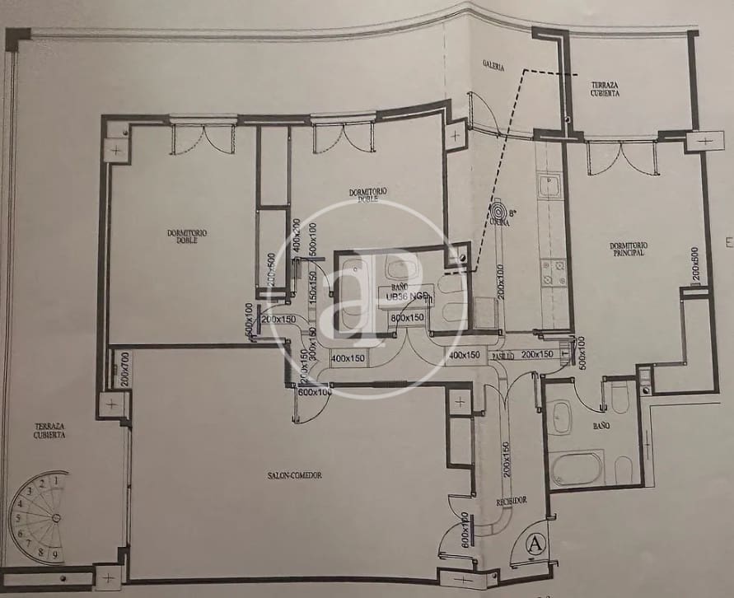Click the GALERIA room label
493,65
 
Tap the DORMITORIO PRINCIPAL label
628,249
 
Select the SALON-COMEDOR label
294,475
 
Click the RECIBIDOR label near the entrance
511,501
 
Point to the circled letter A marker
535,544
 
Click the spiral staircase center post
56,517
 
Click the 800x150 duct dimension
408,317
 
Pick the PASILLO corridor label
504,355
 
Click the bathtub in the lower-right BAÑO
577,468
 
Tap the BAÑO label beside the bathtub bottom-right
601,427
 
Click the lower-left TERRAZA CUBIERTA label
50,431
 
